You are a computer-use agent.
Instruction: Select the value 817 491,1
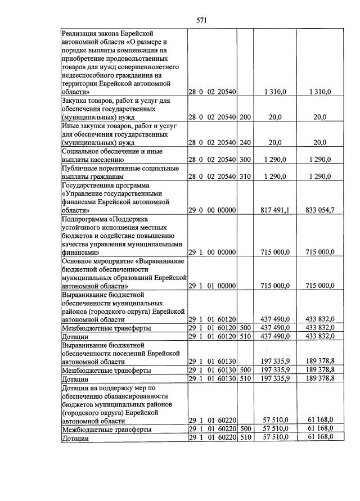(276, 210)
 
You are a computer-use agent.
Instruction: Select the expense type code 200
(245, 117)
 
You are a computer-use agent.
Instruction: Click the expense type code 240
(245, 142)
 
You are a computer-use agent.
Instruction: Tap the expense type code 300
(245, 159)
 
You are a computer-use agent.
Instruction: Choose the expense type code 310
(245, 177)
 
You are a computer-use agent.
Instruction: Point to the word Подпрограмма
(86, 219)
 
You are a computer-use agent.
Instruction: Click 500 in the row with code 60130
(245, 370)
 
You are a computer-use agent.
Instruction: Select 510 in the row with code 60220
(245, 437)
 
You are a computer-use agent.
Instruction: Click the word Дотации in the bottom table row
(75, 438)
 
